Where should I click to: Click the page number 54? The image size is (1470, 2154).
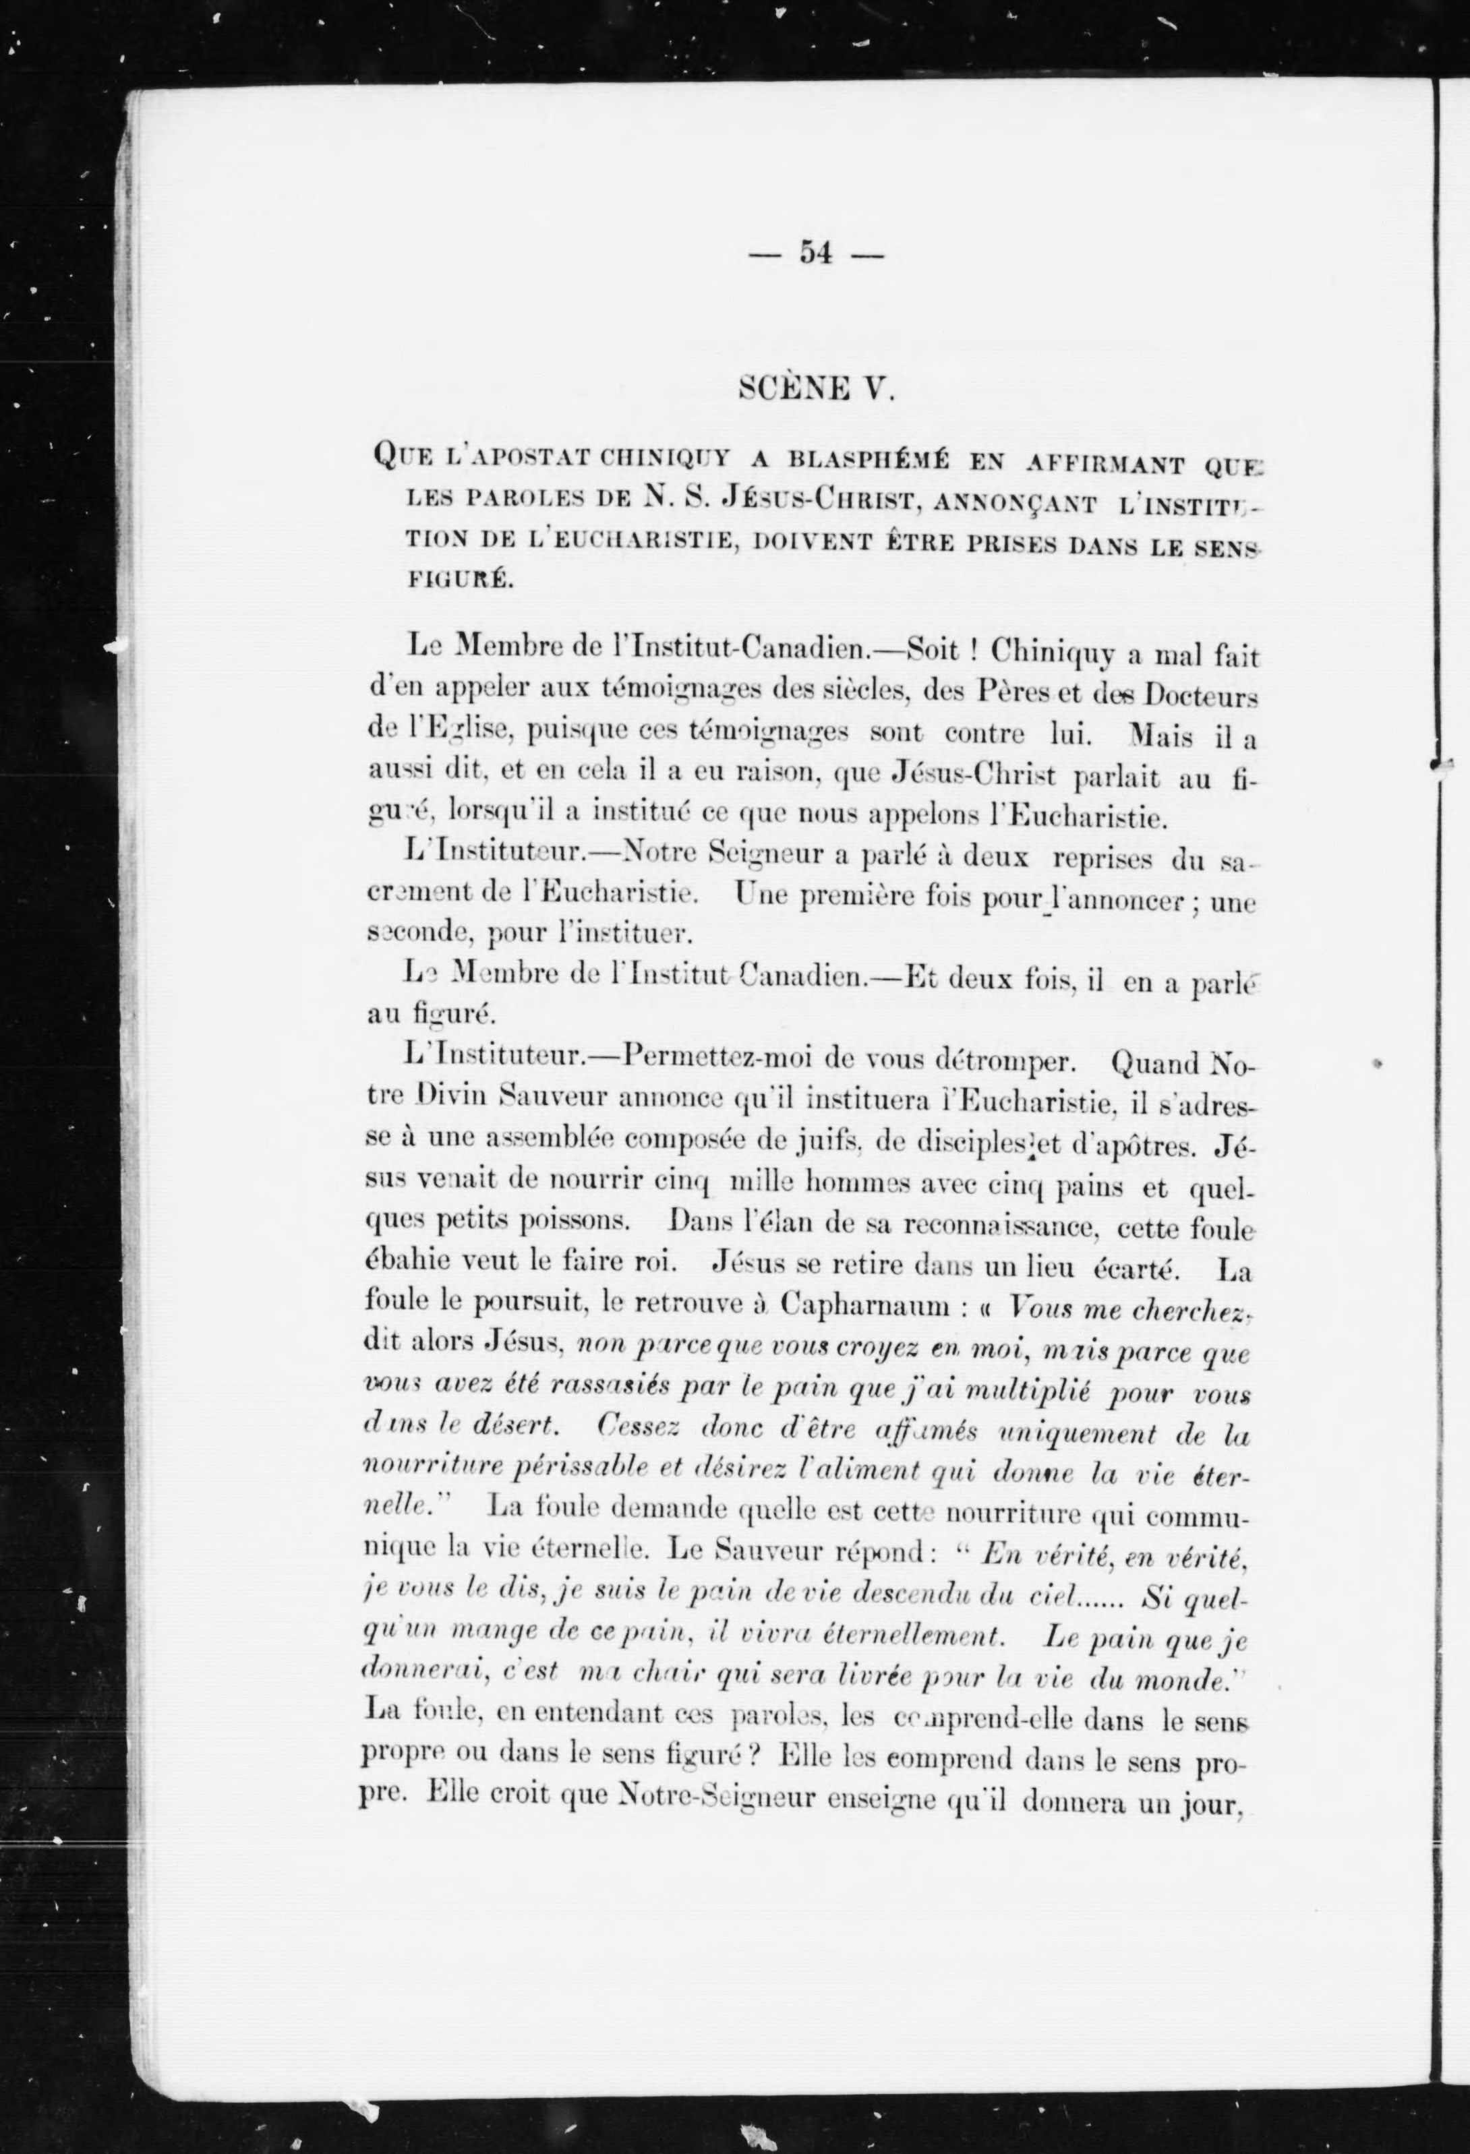(816, 252)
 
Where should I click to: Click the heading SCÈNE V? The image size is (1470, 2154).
(816, 386)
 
